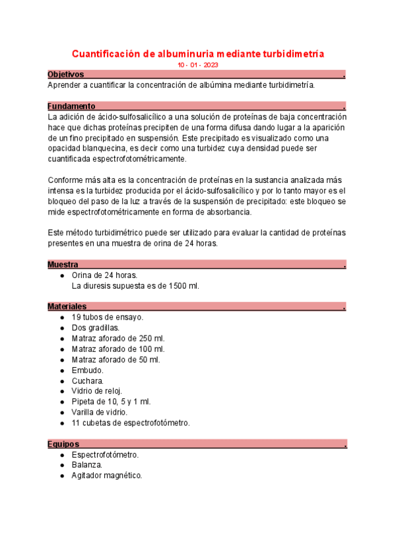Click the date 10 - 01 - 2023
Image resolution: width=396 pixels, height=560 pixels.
pyautogui.click(x=198, y=65)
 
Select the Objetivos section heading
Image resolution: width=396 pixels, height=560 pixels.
pyautogui.click(x=66, y=75)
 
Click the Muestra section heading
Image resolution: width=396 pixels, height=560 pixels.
pyautogui.click(x=63, y=265)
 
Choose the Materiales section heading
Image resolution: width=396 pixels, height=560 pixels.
pyautogui.click(x=67, y=306)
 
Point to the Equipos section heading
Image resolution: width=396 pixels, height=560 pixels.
pyautogui.click(x=63, y=444)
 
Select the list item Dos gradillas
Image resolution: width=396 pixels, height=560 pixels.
pyautogui.click(x=95, y=328)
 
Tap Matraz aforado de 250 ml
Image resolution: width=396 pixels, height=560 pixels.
pyautogui.click(x=118, y=338)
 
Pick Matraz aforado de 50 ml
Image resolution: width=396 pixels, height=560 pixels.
pyautogui.click(x=116, y=360)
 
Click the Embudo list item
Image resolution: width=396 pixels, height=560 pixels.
pyautogui.click(x=88, y=370)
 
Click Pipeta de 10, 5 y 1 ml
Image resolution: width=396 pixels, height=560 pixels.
pyautogui.click(x=111, y=402)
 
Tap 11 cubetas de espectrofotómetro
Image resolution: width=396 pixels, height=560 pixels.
pyautogui.click(x=131, y=423)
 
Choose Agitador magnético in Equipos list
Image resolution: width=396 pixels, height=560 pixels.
pyautogui.click(x=107, y=475)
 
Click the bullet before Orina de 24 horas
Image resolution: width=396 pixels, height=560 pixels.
pyautogui.click(x=61, y=275)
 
